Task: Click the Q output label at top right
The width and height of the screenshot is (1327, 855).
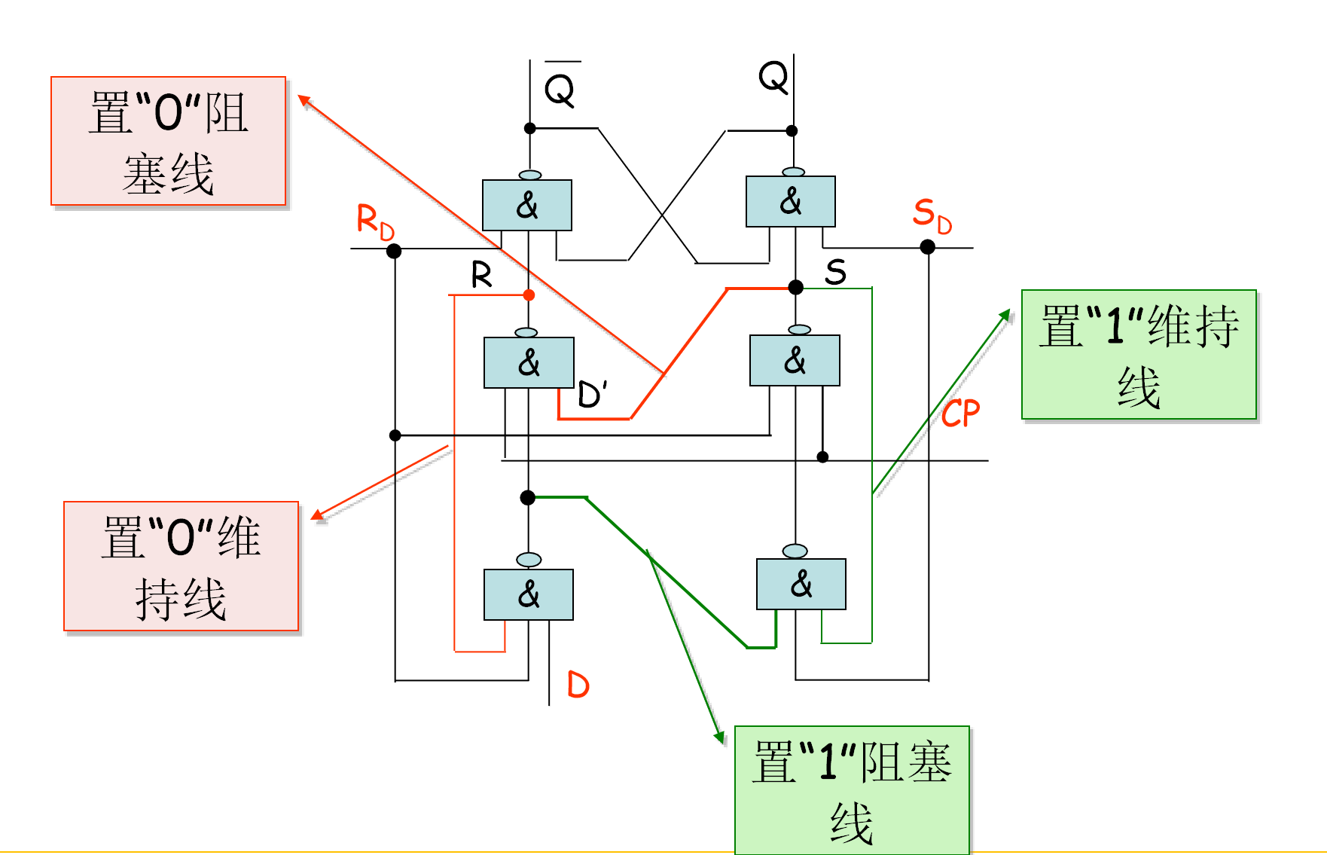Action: pyautogui.click(x=773, y=77)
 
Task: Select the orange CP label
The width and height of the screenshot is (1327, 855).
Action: pyautogui.click(x=960, y=414)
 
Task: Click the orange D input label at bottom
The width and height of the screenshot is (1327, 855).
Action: pyautogui.click(x=578, y=685)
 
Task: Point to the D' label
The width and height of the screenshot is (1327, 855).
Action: pyautogui.click(x=592, y=395)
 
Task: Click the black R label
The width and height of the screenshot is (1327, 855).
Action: pyautogui.click(x=481, y=275)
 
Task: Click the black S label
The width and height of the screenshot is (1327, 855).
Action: pyautogui.click(x=835, y=272)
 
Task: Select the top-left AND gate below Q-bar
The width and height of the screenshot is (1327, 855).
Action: pyautogui.click(x=526, y=205)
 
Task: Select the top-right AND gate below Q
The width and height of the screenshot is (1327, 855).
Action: pyautogui.click(x=790, y=201)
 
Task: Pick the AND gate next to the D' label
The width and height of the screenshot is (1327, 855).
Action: pyautogui.click(x=529, y=362)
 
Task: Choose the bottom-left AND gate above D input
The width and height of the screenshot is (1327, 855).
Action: pyautogui.click(x=528, y=594)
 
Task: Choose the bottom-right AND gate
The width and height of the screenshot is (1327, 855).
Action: pyautogui.click(x=801, y=584)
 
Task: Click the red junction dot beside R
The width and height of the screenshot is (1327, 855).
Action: pyautogui.click(x=529, y=295)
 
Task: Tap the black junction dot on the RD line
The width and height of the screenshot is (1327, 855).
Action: pyautogui.click(x=393, y=251)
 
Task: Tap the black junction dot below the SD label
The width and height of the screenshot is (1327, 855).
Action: pyautogui.click(x=927, y=247)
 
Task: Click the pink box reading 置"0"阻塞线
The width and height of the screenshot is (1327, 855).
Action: pyautogui.click(x=168, y=141)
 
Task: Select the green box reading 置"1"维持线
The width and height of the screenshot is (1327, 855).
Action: pyautogui.click(x=1138, y=354)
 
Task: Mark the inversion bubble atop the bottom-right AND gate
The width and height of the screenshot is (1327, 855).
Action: pyautogui.click(x=795, y=551)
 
